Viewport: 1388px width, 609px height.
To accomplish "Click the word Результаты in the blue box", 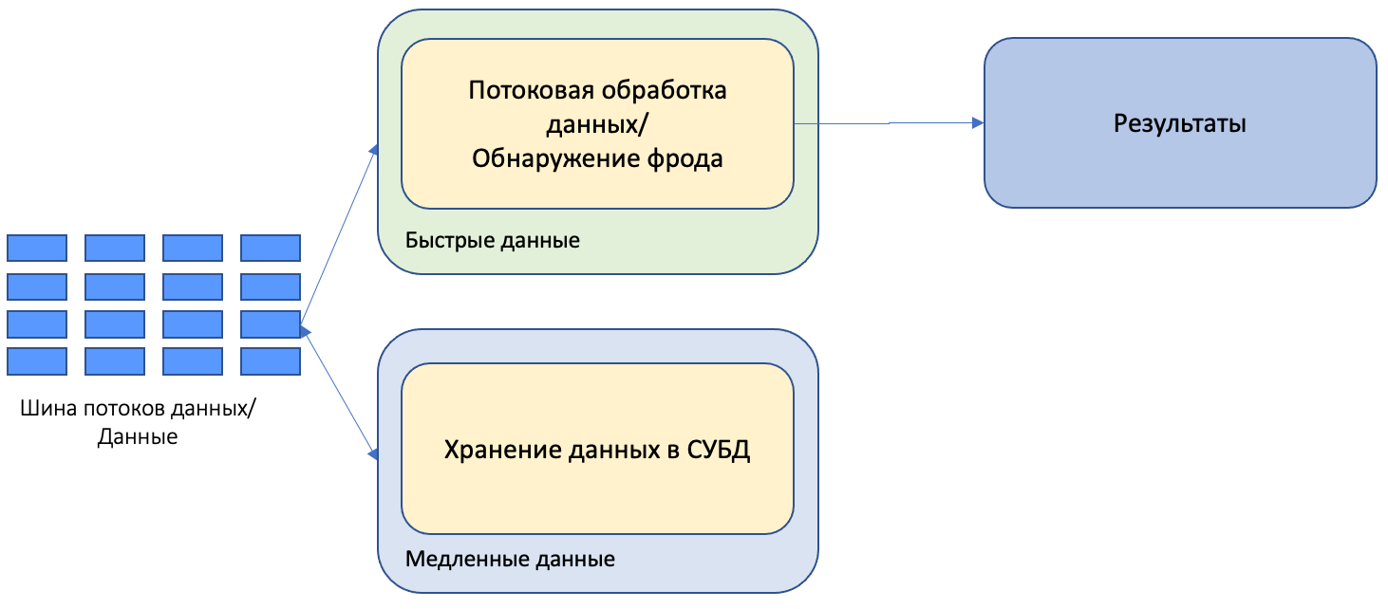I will pos(1179,123).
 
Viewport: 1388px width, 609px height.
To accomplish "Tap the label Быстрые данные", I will pos(492,240).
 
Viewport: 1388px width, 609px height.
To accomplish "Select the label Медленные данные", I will pos(510,559).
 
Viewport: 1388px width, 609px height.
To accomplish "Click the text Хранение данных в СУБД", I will pos(597,450).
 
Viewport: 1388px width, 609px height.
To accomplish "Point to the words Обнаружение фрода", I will pos(597,157).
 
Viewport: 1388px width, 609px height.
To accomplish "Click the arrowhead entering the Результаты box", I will pos(977,122).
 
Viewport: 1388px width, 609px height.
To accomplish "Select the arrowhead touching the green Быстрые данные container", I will pos(373,149).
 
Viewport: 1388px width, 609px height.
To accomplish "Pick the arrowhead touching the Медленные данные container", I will pos(373,455).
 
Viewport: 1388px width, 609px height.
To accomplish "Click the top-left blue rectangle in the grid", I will pos(37,248).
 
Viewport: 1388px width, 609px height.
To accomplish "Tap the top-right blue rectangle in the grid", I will pos(271,248).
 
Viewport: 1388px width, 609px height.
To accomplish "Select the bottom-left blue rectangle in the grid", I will pos(37,361).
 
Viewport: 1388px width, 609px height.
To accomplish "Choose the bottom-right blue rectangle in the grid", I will pos(271,361).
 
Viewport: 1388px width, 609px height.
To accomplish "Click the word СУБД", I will pos(717,450).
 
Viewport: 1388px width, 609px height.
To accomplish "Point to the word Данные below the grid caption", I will pos(138,438).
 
